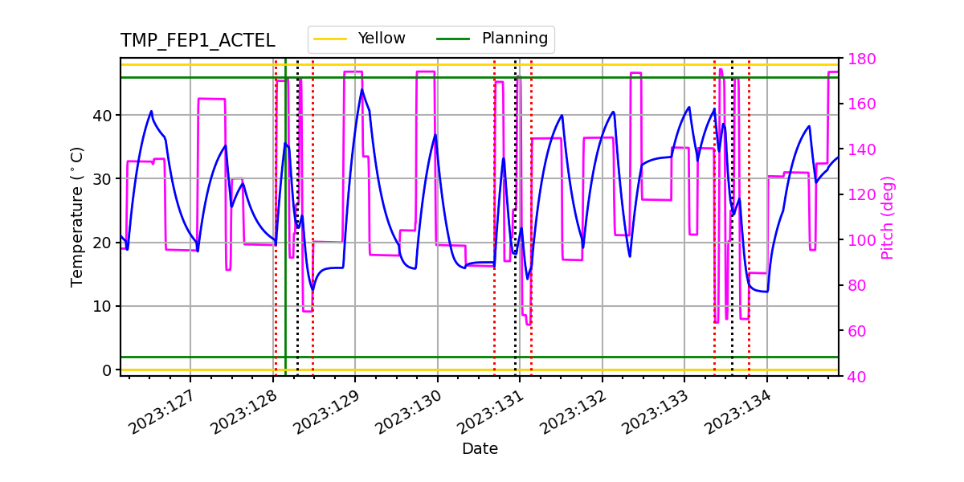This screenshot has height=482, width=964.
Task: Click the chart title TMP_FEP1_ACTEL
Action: (198, 41)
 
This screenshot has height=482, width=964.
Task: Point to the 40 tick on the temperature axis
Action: (105, 115)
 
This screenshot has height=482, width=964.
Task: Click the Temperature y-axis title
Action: (77, 216)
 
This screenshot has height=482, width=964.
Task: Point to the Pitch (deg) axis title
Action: (887, 217)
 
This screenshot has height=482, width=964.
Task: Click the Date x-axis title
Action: (480, 449)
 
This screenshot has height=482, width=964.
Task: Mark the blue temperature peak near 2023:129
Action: (361, 89)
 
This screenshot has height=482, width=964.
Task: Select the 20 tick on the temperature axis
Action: (105, 243)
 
